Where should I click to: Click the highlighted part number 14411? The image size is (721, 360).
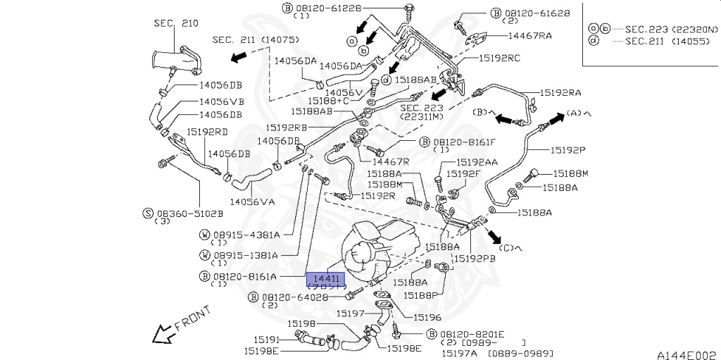pos(326,279)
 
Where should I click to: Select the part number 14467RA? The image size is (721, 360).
pos(530,35)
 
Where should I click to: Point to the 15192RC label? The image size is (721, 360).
pos(499,58)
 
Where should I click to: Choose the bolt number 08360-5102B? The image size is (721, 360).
pos(189,212)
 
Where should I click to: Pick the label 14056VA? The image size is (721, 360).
pos(252,202)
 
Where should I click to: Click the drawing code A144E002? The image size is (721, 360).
pos(686,354)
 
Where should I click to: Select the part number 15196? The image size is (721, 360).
pos(427,318)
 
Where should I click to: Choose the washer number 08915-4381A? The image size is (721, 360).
pos(246,235)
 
